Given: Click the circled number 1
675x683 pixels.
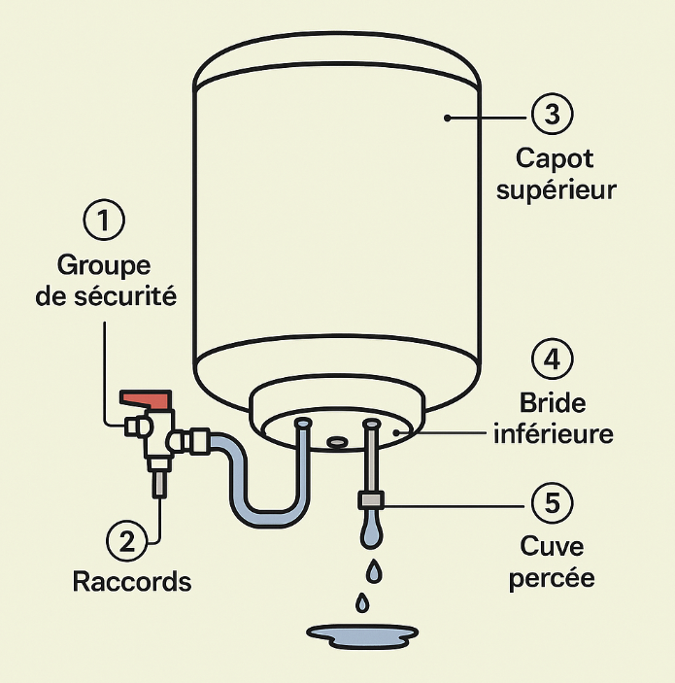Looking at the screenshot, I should pos(104,221).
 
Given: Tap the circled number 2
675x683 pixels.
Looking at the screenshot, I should pos(125,541).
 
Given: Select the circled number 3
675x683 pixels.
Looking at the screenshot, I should pos(552,115).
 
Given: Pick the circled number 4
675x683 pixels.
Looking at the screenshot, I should pos(552,360).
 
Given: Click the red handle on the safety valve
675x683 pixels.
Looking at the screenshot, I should pos(145,398).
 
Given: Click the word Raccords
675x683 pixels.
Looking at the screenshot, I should pos(132,582).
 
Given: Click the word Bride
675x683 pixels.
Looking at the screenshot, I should pos(553,403).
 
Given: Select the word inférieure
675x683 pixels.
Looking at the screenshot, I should pos(553,434).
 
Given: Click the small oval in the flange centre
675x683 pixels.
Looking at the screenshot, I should pos(337,442).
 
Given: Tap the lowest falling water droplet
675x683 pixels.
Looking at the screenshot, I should pos(362,603).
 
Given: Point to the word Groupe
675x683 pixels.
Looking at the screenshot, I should pos(106,264).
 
